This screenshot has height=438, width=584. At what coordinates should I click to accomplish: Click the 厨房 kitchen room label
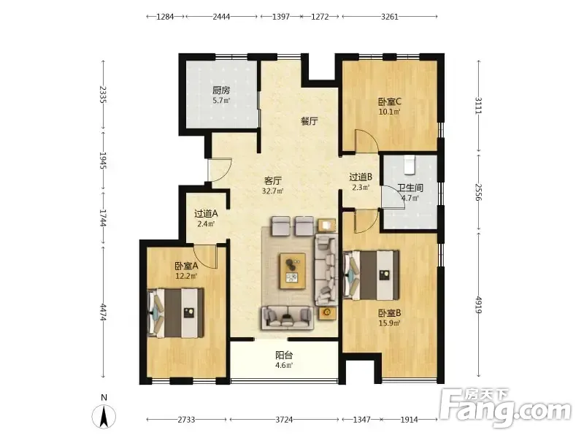point(221,90)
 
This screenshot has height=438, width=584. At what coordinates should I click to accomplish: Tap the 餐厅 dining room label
point(310,121)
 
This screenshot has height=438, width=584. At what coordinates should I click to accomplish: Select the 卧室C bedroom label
point(390,101)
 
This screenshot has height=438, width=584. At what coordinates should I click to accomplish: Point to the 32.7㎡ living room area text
point(273,191)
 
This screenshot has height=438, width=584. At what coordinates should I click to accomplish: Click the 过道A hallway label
point(206,214)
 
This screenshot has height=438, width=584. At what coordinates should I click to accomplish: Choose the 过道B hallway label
point(361,177)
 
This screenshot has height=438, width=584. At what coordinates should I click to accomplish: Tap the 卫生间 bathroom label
point(410,188)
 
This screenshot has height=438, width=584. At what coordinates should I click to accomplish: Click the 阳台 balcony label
point(284,355)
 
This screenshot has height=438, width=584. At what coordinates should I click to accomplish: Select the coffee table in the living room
point(293,271)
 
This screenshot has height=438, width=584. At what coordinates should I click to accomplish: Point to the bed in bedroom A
point(176,313)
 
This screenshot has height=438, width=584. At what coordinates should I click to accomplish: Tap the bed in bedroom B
point(371,275)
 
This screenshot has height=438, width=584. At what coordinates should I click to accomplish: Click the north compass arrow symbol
point(104,416)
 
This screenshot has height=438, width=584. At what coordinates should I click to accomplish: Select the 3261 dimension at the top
point(390,16)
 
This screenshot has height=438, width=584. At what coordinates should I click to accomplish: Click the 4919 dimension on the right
point(479,304)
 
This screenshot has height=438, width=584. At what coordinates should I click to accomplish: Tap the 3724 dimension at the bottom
point(284,420)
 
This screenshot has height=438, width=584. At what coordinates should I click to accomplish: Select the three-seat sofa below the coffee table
point(287,318)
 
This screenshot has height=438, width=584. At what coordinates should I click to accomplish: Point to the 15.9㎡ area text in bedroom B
point(390,323)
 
